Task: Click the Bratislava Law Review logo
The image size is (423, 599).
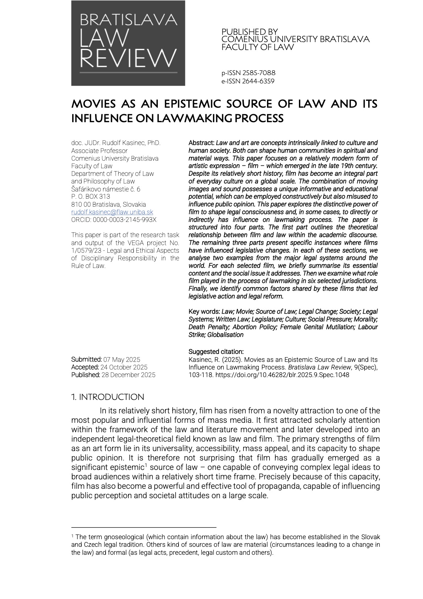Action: click(128, 43)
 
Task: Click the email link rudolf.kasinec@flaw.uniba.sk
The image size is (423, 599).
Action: click(112, 212)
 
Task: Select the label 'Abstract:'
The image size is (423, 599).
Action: click(201, 143)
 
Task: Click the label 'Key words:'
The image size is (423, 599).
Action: click(204, 312)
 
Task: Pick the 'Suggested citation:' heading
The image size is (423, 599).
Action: click(216, 352)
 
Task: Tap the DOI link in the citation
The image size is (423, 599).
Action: click(282, 375)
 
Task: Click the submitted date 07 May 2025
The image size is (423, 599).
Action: click(122, 360)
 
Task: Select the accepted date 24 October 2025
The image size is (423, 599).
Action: click(124, 367)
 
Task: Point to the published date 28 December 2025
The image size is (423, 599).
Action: click(128, 375)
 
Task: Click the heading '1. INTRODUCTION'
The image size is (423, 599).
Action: click(108, 397)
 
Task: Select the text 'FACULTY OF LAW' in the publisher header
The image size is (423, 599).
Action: click(258, 47)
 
